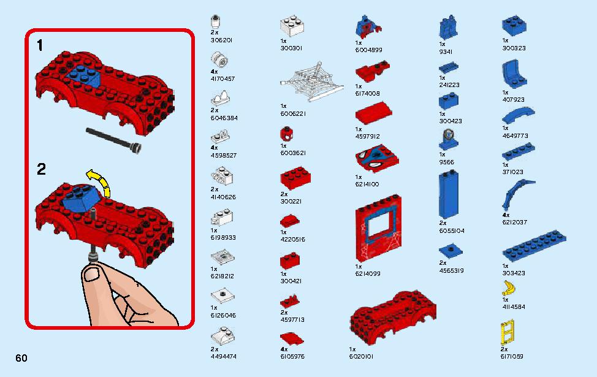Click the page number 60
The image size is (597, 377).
(21, 358)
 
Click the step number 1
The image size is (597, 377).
(40, 46)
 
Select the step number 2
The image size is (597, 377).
(41, 169)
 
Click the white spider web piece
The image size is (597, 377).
(311, 82)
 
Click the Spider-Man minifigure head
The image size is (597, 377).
(286, 134)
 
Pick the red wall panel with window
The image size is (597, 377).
(378, 229)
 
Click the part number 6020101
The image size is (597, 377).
(361, 357)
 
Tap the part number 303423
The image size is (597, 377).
(514, 273)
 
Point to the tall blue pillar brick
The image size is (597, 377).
(449, 194)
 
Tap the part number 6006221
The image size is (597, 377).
(293, 113)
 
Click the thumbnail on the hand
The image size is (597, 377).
(92, 273)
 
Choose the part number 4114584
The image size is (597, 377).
(514, 307)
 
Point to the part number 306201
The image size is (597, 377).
(222, 40)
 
